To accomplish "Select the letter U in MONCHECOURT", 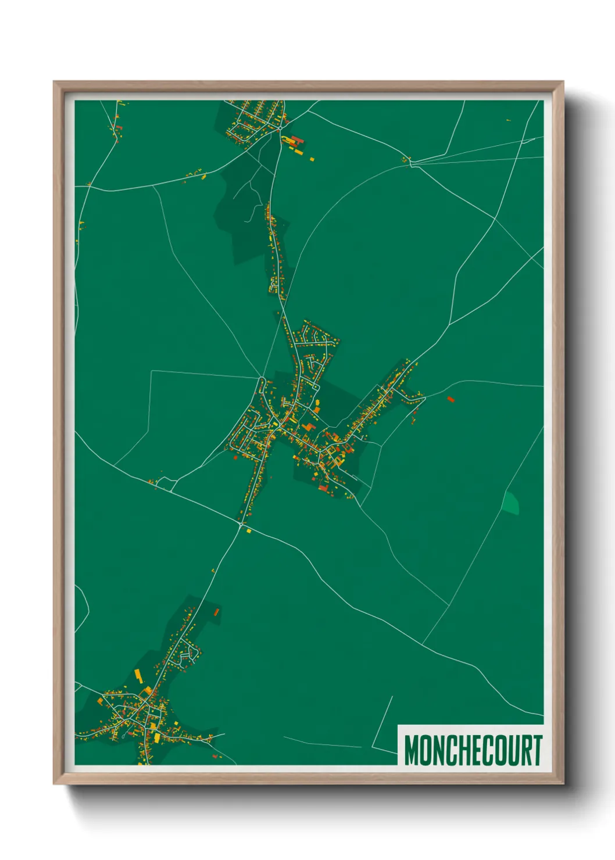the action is click(x=510, y=750).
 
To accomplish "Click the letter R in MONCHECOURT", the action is click(x=524, y=750).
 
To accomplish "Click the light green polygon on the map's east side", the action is click(x=510, y=503).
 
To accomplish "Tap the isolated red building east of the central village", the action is click(x=450, y=399).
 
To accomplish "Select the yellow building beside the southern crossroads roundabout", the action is click(x=249, y=531).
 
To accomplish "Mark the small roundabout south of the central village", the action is click(x=241, y=525).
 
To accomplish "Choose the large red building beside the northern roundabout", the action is click(x=296, y=139).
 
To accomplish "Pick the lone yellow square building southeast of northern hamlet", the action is click(x=312, y=159).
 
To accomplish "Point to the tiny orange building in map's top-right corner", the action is click(x=508, y=120).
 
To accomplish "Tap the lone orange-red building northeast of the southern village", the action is click(x=216, y=611).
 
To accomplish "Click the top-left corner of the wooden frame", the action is click(x=55, y=83).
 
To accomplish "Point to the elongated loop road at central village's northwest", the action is click(x=262, y=386).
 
